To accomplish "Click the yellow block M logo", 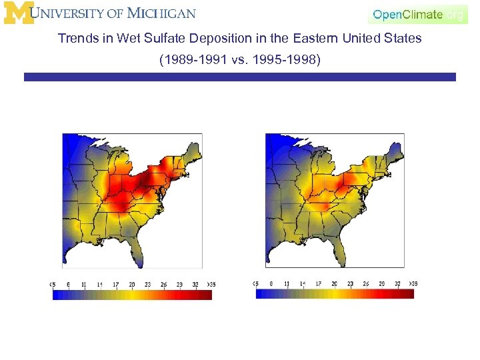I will click(19, 13).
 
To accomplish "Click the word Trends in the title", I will click(78, 38).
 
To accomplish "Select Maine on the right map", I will click(396, 148).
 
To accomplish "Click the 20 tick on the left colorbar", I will click(131, 285).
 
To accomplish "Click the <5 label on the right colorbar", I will click(256, 283).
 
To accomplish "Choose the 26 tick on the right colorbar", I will click(366, 283).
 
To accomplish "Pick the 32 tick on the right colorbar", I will click(397, 283).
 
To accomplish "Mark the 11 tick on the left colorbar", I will click(83, 285).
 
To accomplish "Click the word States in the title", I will click(403, 38).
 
